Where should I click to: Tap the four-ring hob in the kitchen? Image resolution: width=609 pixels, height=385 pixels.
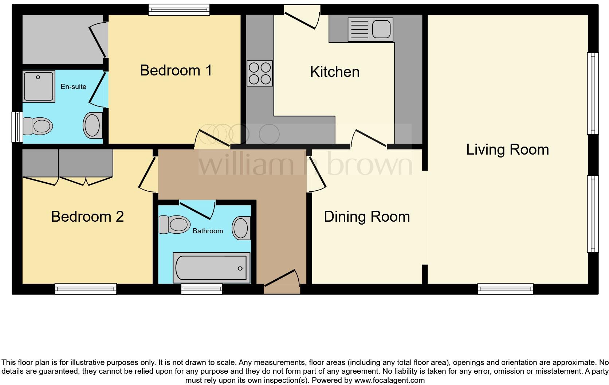tap(260, 73)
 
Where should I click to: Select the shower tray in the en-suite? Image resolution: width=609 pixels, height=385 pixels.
tap(39, 86)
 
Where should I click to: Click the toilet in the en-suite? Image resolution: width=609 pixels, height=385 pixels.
tap(38, 127)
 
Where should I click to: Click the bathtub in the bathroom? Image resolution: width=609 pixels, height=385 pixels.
tap(211, 268)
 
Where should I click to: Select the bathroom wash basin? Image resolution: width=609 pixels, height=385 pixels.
tap(241, 228)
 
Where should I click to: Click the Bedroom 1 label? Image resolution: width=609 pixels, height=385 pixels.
tap(176, 70)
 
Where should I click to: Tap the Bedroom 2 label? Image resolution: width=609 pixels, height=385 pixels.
tap(87, 217)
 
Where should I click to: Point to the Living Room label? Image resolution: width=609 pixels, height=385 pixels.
tap(507, 150)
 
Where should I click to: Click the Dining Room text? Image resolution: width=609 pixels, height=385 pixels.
tap(367, 217)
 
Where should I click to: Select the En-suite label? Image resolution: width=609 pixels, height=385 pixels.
tap(74, 86)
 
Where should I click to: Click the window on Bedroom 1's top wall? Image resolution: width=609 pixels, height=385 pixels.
tap(179, 9)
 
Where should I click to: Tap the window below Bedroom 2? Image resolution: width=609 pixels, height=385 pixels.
tap(86, 289)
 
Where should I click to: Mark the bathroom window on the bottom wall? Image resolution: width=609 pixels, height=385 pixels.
tap(202, 289)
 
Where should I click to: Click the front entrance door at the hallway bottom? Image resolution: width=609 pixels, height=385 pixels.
tap(282, 284)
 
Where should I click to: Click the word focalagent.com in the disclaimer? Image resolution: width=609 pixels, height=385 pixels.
tap(389, 380)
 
